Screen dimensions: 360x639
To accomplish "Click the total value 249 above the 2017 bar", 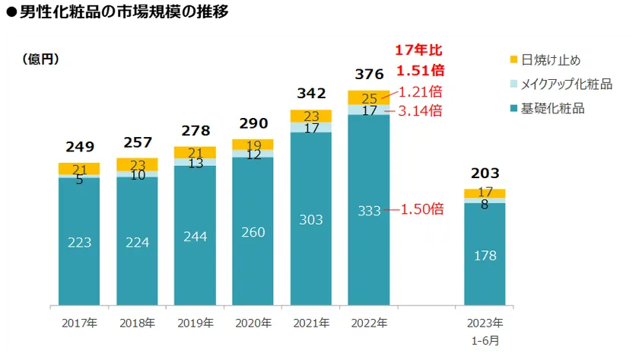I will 79,146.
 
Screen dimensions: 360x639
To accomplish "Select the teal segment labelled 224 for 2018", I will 137,241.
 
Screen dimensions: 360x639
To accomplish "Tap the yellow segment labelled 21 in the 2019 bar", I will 195,152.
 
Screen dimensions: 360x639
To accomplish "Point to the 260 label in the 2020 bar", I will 253,232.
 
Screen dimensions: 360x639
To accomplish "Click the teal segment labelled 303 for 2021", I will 310,219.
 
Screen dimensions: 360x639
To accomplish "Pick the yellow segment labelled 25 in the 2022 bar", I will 369,97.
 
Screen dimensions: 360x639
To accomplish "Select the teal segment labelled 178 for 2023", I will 485,255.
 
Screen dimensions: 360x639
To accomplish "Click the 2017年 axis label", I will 79,323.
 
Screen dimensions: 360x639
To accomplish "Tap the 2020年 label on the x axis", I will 253,323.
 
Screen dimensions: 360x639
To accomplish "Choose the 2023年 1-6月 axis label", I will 485,330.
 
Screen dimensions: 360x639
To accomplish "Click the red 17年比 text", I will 418,51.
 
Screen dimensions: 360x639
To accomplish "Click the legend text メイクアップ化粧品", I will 567,84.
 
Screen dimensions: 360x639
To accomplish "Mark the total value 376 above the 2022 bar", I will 369,75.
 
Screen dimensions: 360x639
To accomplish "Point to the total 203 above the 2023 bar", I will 485,174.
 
